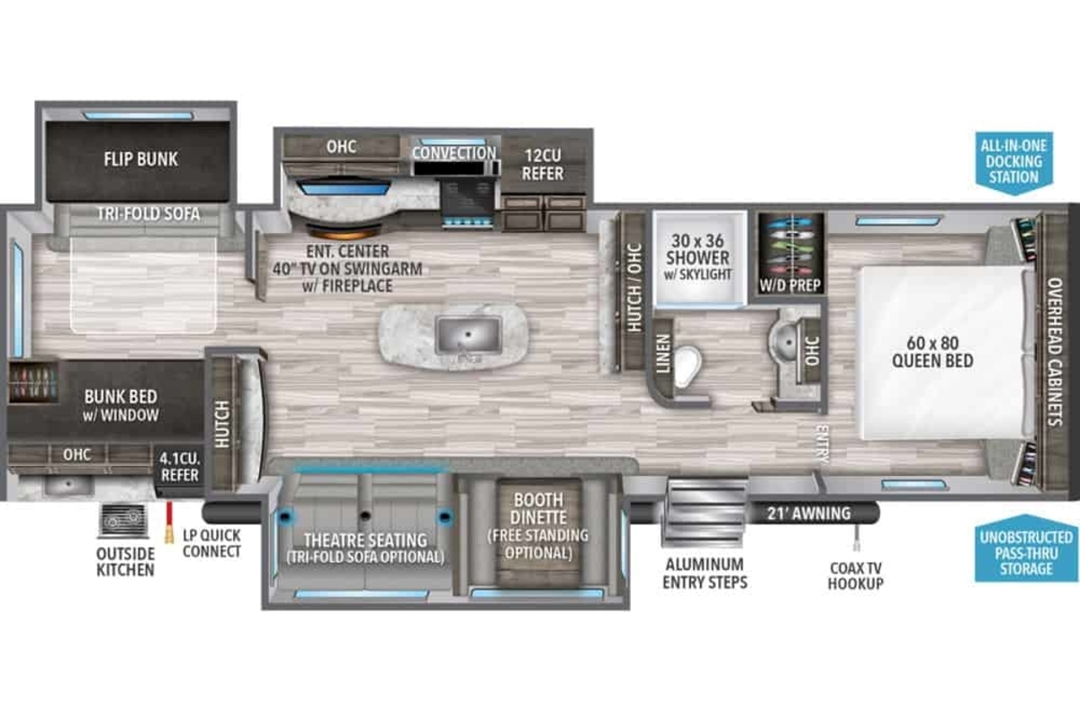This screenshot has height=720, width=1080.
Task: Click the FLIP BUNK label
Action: (x=140, y=159)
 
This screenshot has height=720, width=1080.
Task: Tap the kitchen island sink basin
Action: (x=468, y=335)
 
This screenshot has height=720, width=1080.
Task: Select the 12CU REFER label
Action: (x=543, y=165)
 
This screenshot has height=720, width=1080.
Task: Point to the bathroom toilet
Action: (x=687, y=366)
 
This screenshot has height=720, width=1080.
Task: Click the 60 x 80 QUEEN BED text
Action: (x=932, y=352)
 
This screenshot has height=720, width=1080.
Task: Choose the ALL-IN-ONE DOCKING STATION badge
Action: (x=1014, y=163)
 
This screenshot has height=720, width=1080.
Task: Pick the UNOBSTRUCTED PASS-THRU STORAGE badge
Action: (x=1026, y=548)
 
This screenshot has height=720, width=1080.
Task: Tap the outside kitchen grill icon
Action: (x=123, y=521)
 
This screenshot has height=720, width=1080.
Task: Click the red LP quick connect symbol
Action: (x=169, y=523)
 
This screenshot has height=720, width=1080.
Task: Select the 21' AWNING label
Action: (x=809, y=514)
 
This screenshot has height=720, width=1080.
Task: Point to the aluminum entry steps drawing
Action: (x=705, y=513)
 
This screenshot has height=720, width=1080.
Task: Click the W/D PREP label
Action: (x=790, y=285)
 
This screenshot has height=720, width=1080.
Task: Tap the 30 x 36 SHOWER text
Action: (x=697, y=249)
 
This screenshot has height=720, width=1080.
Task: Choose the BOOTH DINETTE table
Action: (x=539, y=533)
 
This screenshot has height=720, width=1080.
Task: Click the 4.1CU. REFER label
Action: (x=179, y=466)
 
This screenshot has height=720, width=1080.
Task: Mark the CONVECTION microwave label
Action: (x=454, y=153)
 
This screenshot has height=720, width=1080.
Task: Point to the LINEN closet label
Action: (x=663, y=354)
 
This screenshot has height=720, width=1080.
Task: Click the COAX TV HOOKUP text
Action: (x=856, y=576)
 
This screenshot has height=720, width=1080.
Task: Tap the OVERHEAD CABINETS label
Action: (x=1055, y=352)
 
